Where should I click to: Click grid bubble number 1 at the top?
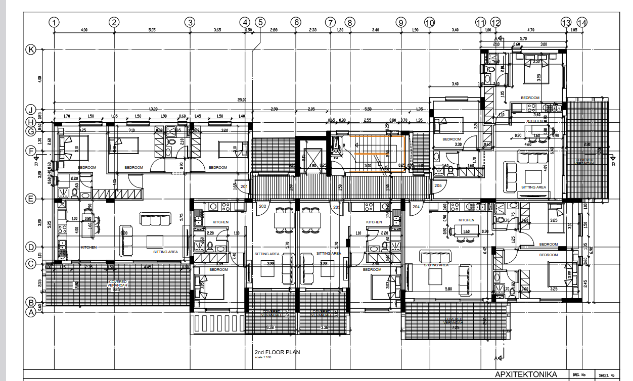click(54, 22)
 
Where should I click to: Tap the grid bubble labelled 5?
click(260, 22)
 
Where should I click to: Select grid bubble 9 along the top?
click(401, 22)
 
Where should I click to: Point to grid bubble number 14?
click(582, 22)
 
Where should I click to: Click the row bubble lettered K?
click(31, 50)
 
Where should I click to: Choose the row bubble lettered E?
click(31, 199)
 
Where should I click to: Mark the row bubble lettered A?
click(31, 312)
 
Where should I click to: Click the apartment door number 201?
click(244, 187)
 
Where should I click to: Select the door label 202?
click(262, 206)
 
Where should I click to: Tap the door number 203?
click(337, 206)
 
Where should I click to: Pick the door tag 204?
click(416, 206)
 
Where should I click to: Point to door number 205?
click(437, 186)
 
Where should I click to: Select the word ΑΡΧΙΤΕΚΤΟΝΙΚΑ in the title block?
click(526, 374)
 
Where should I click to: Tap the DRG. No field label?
click(579, 375)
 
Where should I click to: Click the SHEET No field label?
click(606, 375)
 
